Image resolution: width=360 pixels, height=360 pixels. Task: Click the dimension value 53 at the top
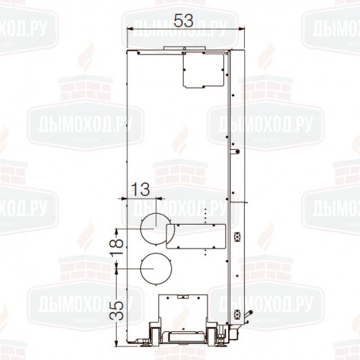(184, 21)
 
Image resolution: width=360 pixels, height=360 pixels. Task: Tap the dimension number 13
(141, 189)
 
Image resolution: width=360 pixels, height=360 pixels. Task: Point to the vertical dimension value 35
(117, 310)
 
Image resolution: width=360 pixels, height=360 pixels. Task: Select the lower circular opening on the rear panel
(156, 269)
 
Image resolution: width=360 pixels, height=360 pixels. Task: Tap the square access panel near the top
(204, 69)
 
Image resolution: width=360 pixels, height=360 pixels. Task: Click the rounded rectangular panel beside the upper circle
(196, 236)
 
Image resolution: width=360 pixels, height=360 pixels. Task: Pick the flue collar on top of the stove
(184, 48)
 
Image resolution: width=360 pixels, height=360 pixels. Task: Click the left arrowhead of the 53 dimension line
(130, 30)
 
